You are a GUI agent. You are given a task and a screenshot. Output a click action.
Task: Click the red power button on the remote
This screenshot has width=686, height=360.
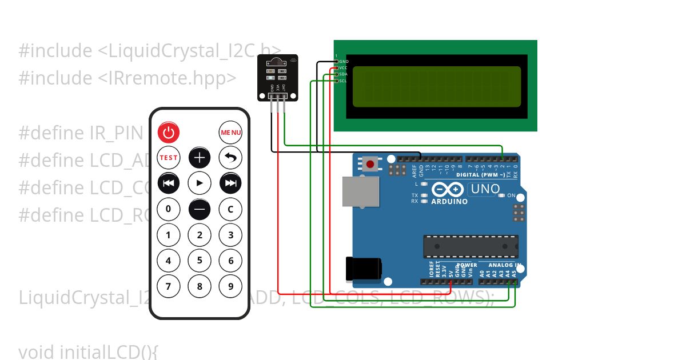pos(169,133)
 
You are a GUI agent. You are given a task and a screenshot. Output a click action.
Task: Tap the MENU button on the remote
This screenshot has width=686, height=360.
pos(230,133)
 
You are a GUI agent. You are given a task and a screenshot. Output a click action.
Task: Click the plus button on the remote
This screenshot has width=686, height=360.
pos(200,158)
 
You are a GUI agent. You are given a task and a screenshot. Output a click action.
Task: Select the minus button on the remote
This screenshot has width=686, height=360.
pos(200,209)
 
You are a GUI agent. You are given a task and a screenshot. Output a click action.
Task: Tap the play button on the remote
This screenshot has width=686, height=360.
pos(200,183)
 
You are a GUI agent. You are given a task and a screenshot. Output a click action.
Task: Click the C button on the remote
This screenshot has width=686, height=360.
pos(230,209)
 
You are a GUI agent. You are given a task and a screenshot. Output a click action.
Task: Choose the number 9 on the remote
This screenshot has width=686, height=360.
pos(230,286)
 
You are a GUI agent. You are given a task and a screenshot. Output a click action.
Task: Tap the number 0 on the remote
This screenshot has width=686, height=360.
pos(169,209)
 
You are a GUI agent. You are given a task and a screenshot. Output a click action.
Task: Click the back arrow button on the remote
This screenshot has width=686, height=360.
pos(230,158)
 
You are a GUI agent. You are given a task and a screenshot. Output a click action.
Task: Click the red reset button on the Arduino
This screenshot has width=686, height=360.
pos(370,165)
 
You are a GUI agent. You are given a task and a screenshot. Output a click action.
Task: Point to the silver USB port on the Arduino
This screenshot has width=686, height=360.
pos(360,191)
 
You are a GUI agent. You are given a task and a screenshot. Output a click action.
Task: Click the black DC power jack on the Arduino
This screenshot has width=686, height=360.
pos(364,269)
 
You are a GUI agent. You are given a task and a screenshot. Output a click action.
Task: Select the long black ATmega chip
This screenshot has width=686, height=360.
pos(470,246)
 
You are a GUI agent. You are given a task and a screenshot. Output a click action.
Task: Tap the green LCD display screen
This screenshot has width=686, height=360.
pos(436,87)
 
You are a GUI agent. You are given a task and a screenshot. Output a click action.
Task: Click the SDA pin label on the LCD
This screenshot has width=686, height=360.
pos(343,74)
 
